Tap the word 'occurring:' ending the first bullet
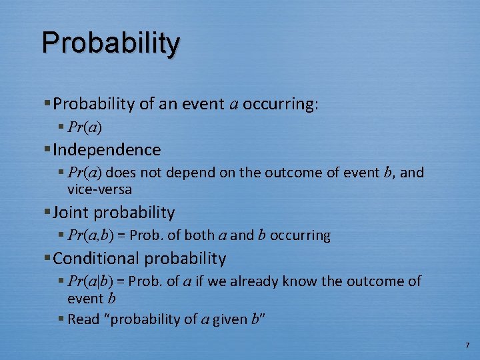[281, 104]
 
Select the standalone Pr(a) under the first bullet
[85, 127]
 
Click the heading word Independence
[107, 150]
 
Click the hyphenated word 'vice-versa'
[99, 189]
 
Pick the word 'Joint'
[71, 213]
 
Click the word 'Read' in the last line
[83, 319]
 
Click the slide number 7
[467, 345]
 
